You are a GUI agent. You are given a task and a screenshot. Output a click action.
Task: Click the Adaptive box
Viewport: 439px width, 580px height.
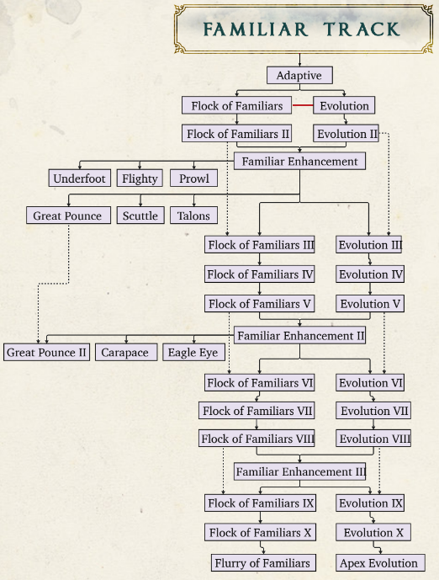[x=299, y=75]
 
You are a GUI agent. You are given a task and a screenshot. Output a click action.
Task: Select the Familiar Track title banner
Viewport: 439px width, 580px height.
[x=303, y=29]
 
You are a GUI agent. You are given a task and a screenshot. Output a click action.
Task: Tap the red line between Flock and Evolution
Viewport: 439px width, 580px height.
[x=303, y=105]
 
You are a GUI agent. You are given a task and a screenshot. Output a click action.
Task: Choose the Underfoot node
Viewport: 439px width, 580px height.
[x=79, y=178]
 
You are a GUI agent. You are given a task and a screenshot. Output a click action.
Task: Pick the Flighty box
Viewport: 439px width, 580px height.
[x=140, y=178]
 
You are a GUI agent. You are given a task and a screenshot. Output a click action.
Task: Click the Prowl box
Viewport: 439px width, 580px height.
[x=193, y=178]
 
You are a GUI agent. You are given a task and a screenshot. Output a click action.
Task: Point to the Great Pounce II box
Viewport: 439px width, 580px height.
[x=46, y=352]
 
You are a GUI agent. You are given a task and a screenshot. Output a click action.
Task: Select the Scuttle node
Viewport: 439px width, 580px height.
[x=140, y=216]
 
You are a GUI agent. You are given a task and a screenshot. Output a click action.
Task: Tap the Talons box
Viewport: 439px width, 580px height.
[x=193, y=216]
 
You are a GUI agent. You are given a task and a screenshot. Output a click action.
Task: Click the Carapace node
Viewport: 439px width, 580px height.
[x=126, y=352]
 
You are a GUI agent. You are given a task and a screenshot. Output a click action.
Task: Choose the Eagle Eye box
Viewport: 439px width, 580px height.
[x=194, y=352]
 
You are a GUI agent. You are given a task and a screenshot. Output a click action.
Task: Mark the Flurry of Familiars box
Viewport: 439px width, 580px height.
[x=263, y=562]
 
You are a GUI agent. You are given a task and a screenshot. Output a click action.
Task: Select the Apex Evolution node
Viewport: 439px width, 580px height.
[x=380, y=562]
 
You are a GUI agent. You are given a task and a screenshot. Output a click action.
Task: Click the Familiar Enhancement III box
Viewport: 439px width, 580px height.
[x=299, y=471]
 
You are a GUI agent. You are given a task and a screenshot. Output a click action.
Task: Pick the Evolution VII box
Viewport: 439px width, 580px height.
[x=373, y=411]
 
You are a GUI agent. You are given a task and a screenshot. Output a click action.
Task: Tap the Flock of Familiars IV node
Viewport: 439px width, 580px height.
[x=259, y=274]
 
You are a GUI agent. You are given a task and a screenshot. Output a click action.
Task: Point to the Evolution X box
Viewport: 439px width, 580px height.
[x=373, y=532]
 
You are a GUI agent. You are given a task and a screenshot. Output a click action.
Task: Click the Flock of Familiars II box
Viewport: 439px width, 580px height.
[x=237, y=133]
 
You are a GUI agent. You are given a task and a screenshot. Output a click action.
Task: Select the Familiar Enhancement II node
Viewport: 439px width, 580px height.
[x=299, y=335]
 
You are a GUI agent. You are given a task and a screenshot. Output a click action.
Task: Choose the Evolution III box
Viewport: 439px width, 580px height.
[x=369, y=244]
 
